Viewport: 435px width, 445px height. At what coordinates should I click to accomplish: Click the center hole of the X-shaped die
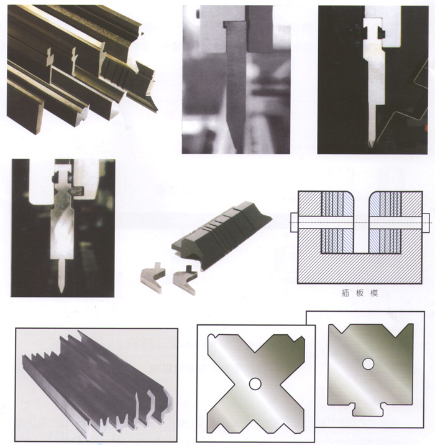coord(255,383)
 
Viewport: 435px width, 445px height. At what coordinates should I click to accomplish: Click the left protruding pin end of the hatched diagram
coord(293,222)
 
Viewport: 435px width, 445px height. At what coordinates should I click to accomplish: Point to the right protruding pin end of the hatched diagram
coord(429,222)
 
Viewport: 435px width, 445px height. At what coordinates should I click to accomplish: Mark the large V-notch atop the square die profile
coord(367,330)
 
